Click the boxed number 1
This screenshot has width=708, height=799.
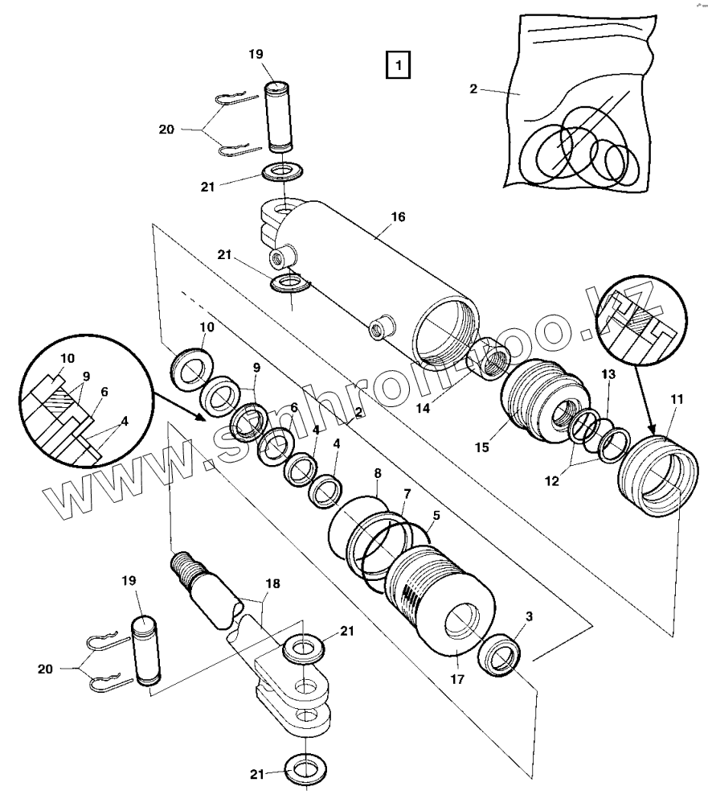point(398,64)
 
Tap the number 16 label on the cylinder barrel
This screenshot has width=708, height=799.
point(397,217)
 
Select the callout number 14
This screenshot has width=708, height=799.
point(421,408)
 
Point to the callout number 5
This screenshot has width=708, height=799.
point(436,516)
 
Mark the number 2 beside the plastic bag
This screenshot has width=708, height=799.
point(473,89)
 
